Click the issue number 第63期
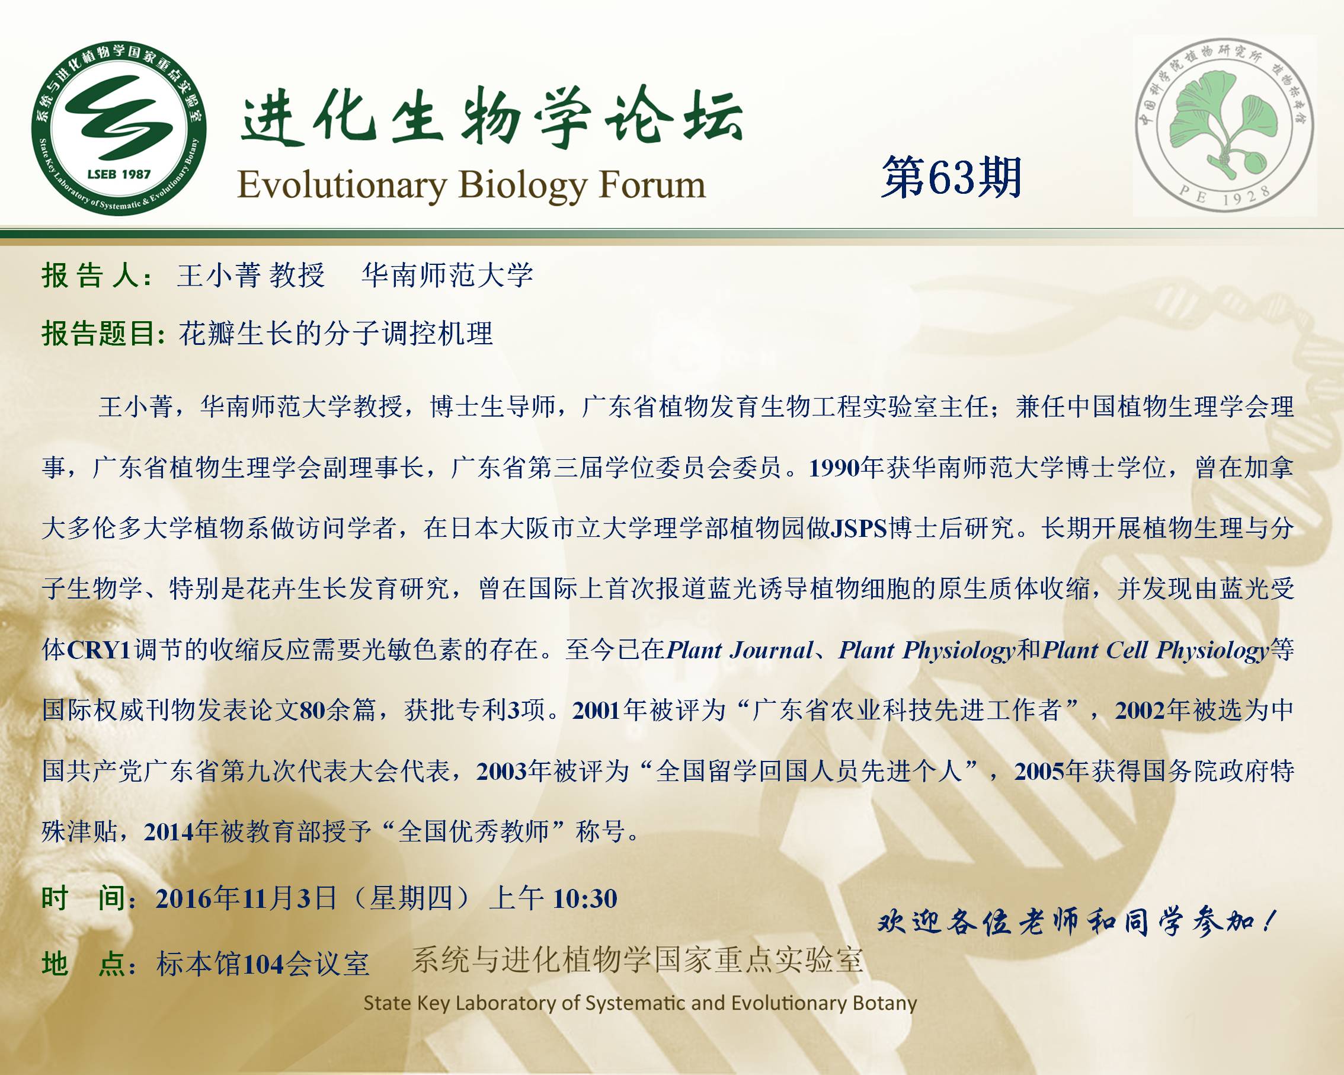pyautogui.click(x=951, y=178)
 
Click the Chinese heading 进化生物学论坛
pyautogui.click(x=491, y=117)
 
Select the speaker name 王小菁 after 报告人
pyautogui.click(x=217, y=276)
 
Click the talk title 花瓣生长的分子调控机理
pyautogui.click(x=336, y=334)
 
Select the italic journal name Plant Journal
pyautogui.click(x=740, y=650)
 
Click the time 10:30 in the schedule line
pyautogui.click(x=585, y=898)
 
